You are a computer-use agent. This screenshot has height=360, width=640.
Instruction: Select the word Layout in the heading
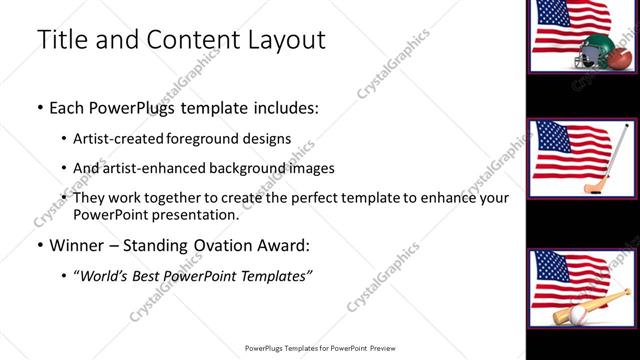pos(286,39)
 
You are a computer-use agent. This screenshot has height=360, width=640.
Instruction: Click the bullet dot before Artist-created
pos(64,138)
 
